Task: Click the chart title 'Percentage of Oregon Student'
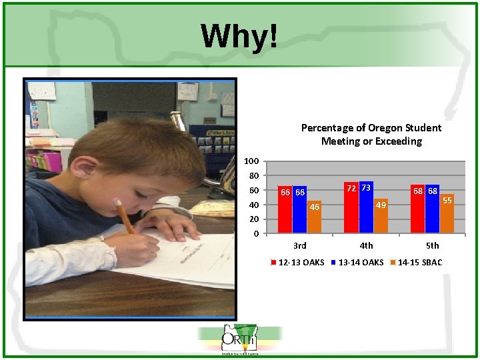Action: (x=371, y=127)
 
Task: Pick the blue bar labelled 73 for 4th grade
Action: (x=366, y=208)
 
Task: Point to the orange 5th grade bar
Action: (x=447, y=215)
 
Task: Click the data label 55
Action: (x=447, y=199)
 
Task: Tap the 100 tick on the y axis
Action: (x=251, y=161)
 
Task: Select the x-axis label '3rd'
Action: (x=300, y=245)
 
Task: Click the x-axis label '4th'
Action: (x=366, y=245)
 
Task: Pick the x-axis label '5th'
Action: (x=433, y=245)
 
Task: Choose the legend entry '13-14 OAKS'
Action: (x=361, y=262)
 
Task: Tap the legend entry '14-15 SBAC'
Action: (x=419, y=262)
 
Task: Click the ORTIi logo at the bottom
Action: (x=239, y=339)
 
